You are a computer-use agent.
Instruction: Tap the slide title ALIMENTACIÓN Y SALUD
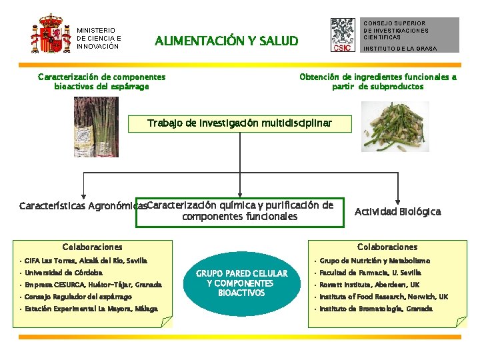(226, 41)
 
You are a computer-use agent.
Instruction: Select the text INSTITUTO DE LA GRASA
(400, 49)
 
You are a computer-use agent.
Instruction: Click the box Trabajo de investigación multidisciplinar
(239, 123)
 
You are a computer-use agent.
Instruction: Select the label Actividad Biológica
(397, 211)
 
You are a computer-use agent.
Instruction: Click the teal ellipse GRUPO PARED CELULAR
(241, 283)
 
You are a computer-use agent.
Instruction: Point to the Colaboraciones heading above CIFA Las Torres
(92, 247)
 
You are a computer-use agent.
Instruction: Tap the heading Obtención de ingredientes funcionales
(378, 81)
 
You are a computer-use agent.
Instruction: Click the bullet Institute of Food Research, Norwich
(383, 297)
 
